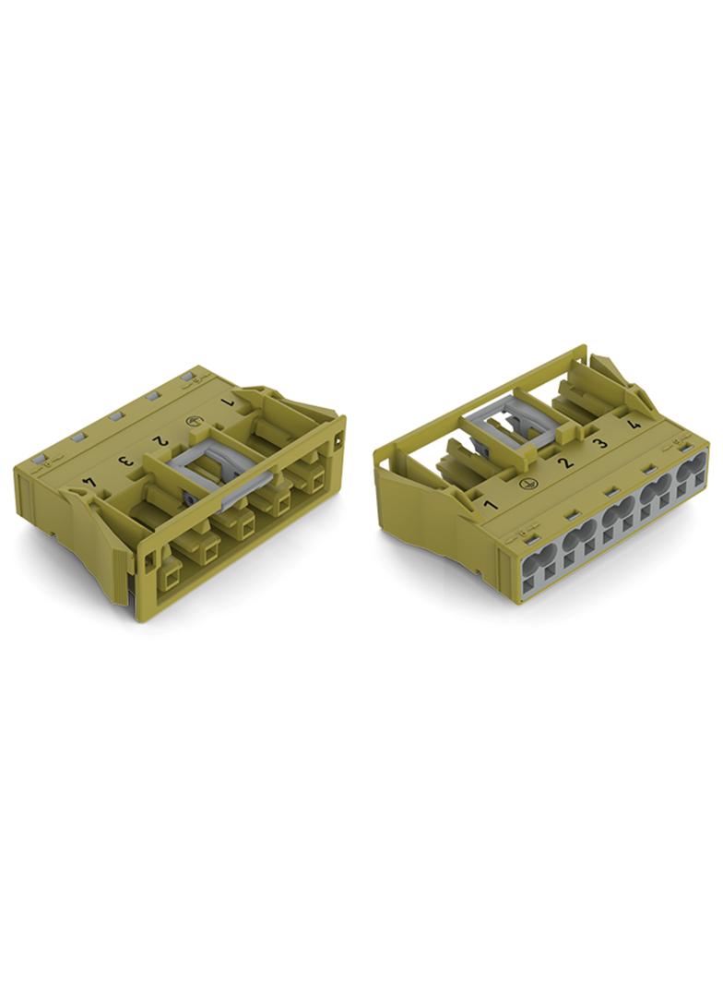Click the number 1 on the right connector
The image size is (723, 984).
491,504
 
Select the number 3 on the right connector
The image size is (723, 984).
600,444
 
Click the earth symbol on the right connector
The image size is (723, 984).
527,484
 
